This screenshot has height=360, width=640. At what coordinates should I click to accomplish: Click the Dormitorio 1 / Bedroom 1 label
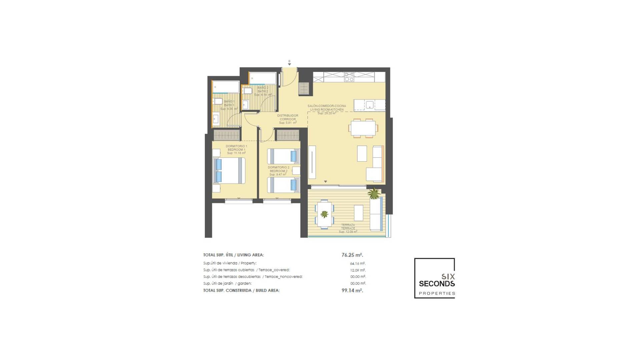(x=236, y=150)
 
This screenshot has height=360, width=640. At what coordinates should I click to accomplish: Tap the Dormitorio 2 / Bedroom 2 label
(x=278, y=171)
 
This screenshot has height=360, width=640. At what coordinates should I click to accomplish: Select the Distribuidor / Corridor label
(x=288, y=119)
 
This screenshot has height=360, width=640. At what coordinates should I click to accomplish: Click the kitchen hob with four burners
(x=349, y=77)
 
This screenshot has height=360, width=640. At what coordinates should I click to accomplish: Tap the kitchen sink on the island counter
(x=369, y=105)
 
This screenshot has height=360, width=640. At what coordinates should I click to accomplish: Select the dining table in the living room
(x=363, y=128)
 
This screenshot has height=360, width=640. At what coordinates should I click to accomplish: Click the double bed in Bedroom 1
(x=229, y=170)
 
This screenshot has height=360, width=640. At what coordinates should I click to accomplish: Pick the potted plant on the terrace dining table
(x=324, y=214)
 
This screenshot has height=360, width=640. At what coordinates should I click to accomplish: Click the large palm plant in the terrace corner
(x=374, y=193)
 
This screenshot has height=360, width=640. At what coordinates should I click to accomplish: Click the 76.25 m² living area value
(x=352, y=255)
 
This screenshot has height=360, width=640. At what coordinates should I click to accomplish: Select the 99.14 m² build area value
(x=352, y=290)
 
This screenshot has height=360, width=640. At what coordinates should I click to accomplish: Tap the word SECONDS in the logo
(x=437, y=284)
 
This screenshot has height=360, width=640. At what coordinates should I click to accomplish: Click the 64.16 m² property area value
(x=357, y=263)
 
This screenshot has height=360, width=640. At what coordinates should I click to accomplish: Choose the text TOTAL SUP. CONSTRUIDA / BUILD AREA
(x=241, y=290)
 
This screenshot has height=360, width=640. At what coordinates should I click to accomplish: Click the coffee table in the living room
(x=362, y=153)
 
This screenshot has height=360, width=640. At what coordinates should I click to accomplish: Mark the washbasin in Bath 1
(x=216, y=118)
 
